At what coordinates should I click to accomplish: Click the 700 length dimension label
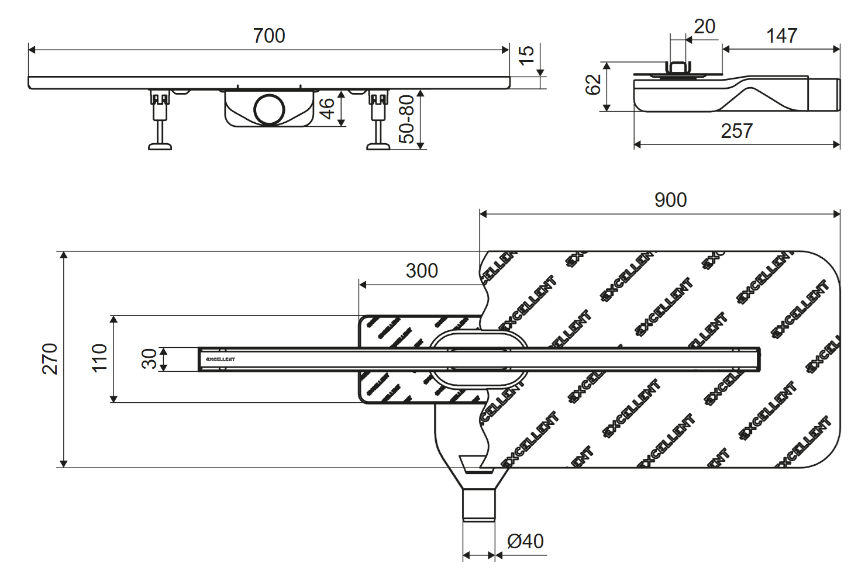tap(269, 36)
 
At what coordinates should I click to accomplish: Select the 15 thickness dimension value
tap(526, 55)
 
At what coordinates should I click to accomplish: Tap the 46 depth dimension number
tap(327, 109)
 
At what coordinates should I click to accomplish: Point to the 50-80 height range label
tap(406, 119)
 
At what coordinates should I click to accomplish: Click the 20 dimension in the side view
tap(704, 26)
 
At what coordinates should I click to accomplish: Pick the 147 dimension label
tap(781, 36)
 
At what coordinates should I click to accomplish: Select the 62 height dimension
tap(593, 84)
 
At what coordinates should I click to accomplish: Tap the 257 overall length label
tap(736, 131)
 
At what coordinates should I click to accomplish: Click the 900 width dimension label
tap(670, 200)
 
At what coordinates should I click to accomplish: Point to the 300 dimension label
tap(422, 271)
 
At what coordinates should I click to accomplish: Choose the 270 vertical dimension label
tap(50, 358)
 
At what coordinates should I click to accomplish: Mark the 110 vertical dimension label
tap(99, 358)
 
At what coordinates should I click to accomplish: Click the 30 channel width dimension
tap(150, 359)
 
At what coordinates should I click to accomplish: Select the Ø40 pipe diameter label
tap(525, 541)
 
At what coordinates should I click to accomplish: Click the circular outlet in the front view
tap(269, 109)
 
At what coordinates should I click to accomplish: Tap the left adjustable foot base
tap(160, 146)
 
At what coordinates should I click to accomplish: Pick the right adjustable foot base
tap(378, 146)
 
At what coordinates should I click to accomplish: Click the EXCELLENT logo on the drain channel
tap(220, 359)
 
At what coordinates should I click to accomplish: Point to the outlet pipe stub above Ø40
tap(479, 504)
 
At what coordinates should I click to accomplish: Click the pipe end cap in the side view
tap(824, 95)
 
